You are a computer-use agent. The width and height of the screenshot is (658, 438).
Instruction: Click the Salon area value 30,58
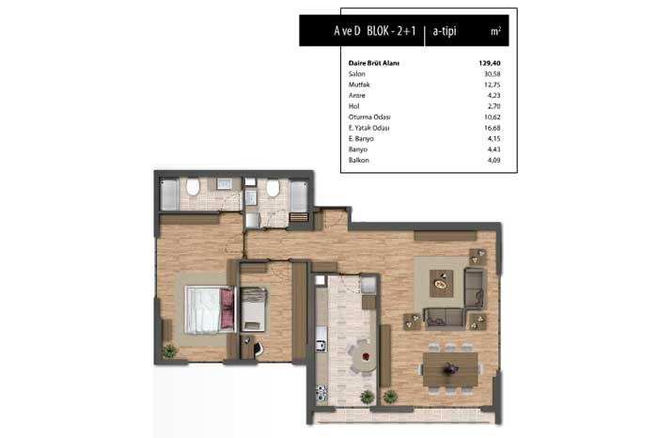tap(492, 74)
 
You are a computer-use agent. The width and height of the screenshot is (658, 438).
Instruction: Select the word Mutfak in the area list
tap(359, 85)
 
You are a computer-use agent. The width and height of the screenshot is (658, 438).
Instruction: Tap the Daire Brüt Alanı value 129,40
tap(490, 63)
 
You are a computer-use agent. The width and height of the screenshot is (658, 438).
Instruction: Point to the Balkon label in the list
tap(359, 161)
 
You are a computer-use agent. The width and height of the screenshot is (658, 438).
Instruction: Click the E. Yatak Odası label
tap(368, 128)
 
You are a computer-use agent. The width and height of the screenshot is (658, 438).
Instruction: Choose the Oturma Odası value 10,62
tap(492, 117)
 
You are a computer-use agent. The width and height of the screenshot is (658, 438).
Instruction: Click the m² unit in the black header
tap(495, 31)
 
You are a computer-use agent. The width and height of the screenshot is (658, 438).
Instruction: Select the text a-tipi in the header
tap(445, 31)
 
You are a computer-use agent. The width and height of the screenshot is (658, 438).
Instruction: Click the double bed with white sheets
tap(210, 310)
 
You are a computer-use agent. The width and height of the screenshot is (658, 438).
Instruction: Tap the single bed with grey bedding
tap(253, 309)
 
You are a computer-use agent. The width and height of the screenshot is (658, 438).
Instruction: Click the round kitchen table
tap(364, 357)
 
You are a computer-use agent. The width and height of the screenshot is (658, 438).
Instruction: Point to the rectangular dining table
tap(450, 369)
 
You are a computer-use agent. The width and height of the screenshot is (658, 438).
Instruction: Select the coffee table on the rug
tap(441, 284)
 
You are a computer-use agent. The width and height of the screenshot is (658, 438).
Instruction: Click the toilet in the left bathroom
tap(193, 187)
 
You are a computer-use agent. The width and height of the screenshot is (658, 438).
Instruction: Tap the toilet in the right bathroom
tap(273, 188)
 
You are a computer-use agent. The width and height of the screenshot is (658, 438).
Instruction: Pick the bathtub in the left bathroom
tap(169, 195)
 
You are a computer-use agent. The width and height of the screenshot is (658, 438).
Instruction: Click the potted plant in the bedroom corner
tap(169, 352)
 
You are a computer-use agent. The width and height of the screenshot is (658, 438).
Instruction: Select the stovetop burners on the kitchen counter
tap(321, 394)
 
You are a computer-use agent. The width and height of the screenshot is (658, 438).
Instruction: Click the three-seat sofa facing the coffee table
tap(445, 319)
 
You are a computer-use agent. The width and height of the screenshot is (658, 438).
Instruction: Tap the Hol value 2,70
tap(493, 106)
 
